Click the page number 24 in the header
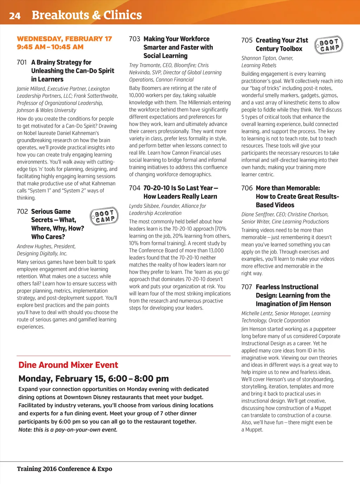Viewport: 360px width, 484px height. [x=15, y=15]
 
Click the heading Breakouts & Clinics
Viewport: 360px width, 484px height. [x=86, y=15]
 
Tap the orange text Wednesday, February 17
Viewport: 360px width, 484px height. [x=64, y=39]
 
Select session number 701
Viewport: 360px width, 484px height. [x=22, y=62]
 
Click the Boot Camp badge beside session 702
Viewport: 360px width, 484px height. [x=104, y=216]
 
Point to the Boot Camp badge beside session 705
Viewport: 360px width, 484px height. [x=329, y=45]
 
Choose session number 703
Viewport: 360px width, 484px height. [x=134, y=39]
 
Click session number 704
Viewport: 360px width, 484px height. [x=134, y=188]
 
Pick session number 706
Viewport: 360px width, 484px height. [x=247, y=188]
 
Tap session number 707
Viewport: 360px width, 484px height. [x=247, y=287]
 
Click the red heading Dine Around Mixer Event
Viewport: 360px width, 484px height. [x=68, y=365]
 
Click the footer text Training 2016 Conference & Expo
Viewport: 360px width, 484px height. [x=64, y=469]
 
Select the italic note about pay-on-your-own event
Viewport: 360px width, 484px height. [x=68, y=430]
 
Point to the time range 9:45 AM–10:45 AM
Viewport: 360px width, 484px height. [x=50, y=47]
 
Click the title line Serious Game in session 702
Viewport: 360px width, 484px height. [x=51, y=211]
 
